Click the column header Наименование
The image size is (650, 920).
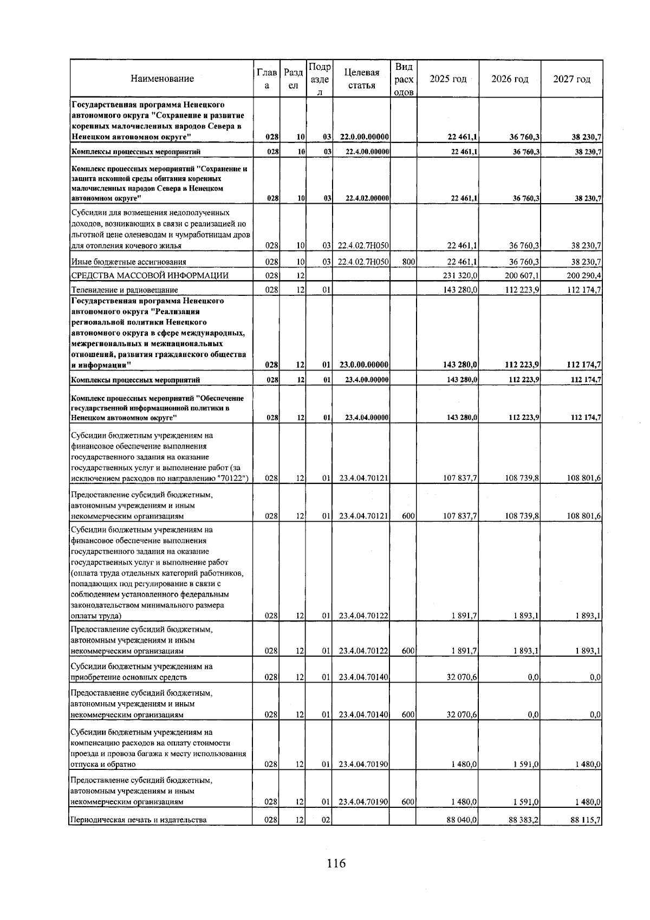coord(162,79)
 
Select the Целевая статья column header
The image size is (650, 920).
coord(361,79)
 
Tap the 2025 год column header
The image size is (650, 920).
coord(447,79)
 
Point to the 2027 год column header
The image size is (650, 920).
coord(571,79)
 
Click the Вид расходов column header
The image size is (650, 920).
coord(404,79)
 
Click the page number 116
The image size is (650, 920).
coord(336,863)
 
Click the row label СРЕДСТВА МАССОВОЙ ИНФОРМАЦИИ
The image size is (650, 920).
coord(150,276)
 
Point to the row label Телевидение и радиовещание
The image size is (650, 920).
coord(125,290)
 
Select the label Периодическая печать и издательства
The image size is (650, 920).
coord(139,820)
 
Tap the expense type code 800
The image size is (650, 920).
coord(408,262)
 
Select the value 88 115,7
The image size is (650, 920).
coord(586,820)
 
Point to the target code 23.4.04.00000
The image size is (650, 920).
coord(367,418)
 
